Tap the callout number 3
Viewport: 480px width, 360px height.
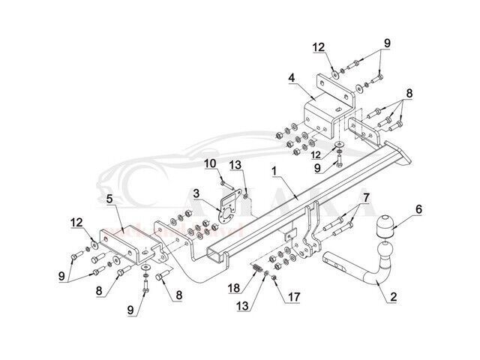coord(196,193)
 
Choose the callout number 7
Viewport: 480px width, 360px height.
coord(366,198)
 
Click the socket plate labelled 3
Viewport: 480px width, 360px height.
coord(227,206)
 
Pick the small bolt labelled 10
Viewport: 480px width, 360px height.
coord(226,181)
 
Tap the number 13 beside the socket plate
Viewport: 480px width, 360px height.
coord(235,164)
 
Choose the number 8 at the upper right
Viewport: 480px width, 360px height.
coord(409,94)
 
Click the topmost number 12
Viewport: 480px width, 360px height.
coord(319,47)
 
